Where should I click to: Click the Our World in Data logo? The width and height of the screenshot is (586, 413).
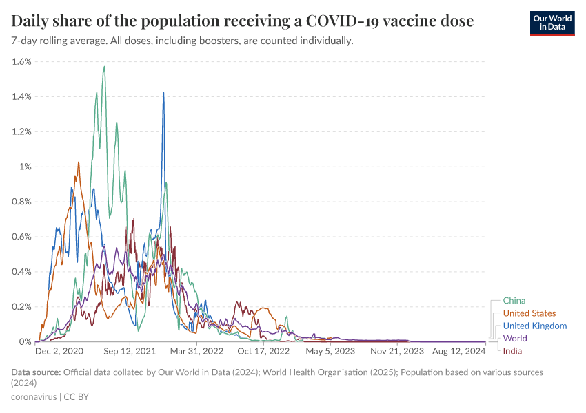click(x=552, y=23)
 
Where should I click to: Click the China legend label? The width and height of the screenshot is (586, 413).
click(x=514, y=301)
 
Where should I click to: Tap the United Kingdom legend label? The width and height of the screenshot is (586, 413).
click(x=534, y=326)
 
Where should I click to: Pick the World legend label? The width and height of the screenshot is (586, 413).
click(x=514, y=338)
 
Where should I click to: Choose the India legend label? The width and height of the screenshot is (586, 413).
click(x=512, y=351)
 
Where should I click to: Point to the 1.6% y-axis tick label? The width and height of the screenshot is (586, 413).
click(x=21, y=61)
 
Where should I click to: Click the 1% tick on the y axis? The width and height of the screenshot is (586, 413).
click(x=25, y=167)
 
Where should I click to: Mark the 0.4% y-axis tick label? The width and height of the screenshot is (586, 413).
click(x=21, y=271)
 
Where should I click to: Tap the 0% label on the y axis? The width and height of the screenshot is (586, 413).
click(x=25, y=341)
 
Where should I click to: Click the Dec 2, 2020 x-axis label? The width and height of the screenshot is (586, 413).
click(x=59, y=351)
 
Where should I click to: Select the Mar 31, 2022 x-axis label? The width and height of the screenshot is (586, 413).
click(x=197, y=351)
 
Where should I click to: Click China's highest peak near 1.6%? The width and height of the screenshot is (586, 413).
click(x=104, y=67)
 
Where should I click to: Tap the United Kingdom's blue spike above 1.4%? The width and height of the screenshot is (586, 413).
click(x=163, y=93)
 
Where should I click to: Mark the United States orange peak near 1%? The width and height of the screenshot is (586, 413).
click(x=79, y=162)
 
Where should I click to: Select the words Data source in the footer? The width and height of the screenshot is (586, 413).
click(x=36, y=372)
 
